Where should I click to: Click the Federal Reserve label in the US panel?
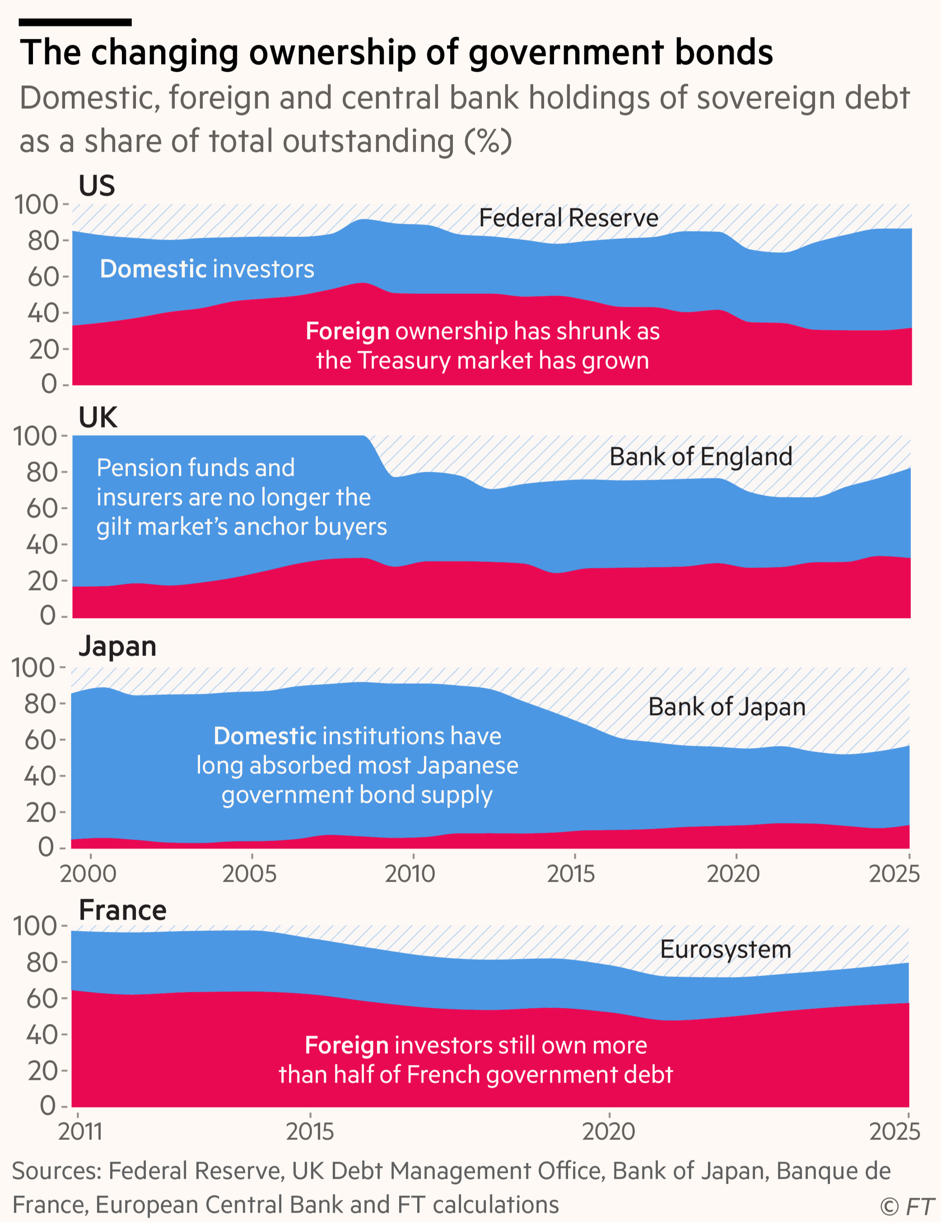(x=569, y=218)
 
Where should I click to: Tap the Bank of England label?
(x=701, y=456)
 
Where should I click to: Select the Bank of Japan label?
(x=727, y=707)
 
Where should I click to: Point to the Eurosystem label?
(x=725, y=949)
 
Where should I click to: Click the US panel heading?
(x=97, y=185)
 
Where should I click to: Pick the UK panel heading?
(x=98, y=417)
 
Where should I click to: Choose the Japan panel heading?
(x=118, y=646)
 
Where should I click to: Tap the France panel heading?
(x=123, y=910)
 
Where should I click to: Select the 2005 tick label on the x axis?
(x=249, y=874)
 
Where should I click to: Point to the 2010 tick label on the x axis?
(x=411, y=874)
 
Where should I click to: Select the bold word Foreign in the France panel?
(x=347, y=1045)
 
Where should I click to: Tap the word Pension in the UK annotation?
(x=133, y=468)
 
